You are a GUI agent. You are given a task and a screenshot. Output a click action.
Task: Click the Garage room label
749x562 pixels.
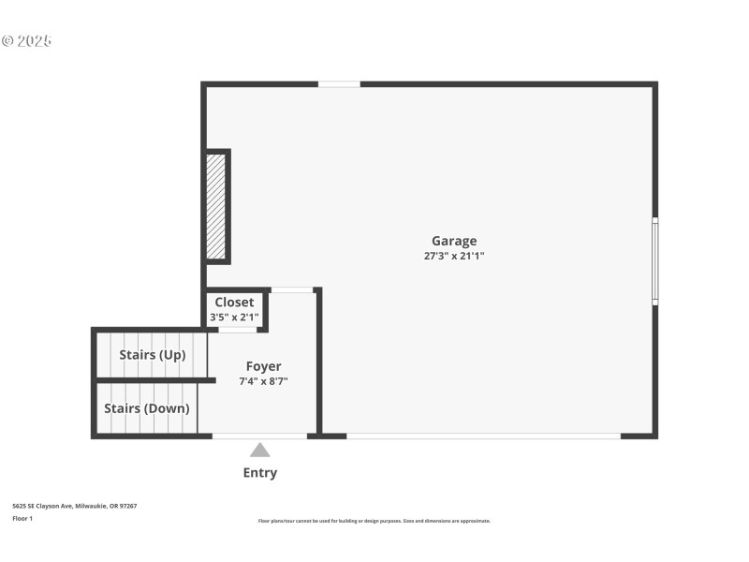(454, 241)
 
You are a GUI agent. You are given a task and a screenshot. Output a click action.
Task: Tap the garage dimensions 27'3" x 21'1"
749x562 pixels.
(454, 256)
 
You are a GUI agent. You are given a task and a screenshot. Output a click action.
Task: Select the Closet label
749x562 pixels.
(234, 303)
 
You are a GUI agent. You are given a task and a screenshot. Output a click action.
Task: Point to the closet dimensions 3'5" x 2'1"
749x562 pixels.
(234, 318)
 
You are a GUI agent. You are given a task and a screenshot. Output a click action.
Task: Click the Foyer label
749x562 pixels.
(263, 366)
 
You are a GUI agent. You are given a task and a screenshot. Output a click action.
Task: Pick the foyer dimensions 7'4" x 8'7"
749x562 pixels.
(263, 381)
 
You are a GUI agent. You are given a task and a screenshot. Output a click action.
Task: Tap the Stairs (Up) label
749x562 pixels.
(152, 355)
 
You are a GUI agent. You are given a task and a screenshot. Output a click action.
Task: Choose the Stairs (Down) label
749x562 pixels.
(146, 408)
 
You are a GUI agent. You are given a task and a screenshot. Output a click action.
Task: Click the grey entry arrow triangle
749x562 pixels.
(260, 451)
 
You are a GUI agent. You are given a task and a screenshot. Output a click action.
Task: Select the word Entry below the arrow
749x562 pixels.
(260, 473)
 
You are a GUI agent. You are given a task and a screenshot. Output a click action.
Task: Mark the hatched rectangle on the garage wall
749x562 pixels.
(216, 206)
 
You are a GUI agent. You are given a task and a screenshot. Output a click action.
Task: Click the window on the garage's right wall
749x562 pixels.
(655, 261)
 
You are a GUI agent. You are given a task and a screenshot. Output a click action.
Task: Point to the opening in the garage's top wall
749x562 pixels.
(339, 84)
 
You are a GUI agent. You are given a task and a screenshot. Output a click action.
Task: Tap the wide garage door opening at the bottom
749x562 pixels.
(483, 436)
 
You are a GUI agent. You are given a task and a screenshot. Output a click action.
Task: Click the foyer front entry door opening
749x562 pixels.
(259, 436)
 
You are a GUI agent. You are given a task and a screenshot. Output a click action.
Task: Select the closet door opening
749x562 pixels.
(238, 330)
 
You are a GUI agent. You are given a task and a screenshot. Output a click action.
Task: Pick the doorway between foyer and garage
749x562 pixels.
(292, 290)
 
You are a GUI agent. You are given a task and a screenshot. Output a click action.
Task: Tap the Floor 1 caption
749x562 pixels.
(22, 518)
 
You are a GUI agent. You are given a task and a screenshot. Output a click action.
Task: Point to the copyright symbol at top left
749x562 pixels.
(7, 41)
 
